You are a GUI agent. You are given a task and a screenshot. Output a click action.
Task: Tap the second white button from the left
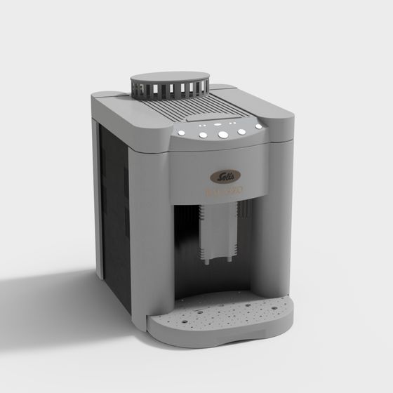click(x=203, y=135)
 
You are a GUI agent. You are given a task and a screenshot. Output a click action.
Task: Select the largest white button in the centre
click(x=222, y=134)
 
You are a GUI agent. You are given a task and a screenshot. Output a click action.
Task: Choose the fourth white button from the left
click(x=241, y=131)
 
